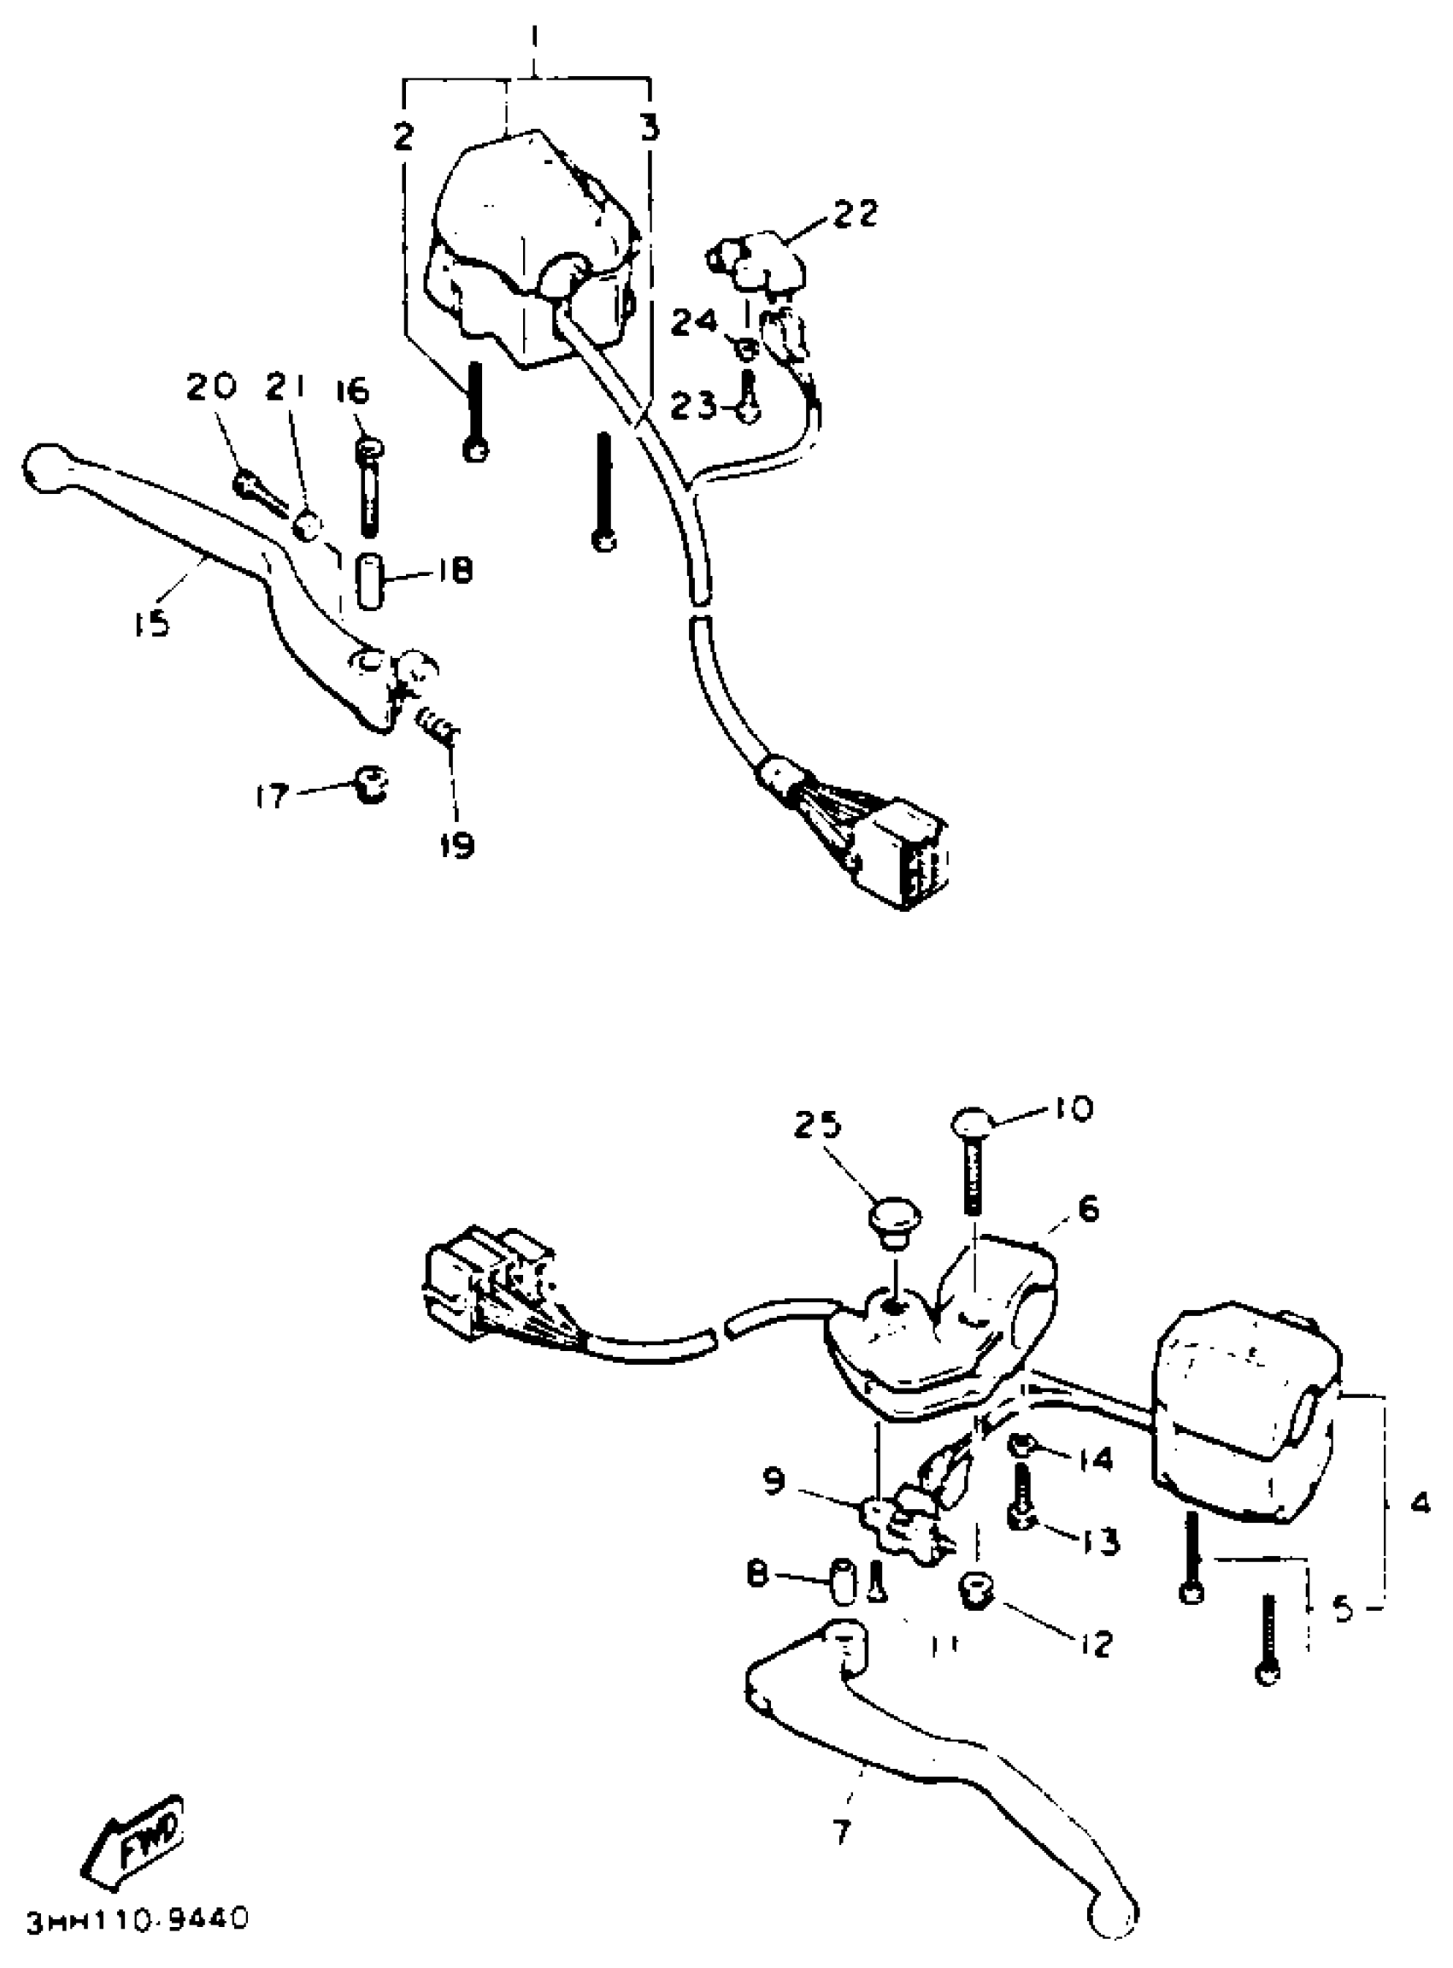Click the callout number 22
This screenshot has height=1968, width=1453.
coord(852,213)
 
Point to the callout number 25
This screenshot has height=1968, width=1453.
coord(818,1125)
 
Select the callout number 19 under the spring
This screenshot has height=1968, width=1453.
coord(456,845)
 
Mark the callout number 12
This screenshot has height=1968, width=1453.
coord(1093,1642)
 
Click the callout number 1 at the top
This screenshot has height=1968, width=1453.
coord(536,39)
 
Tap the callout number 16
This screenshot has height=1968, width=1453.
coord(353,392)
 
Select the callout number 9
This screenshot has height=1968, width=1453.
coord(773,1483)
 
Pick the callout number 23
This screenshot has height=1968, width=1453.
coord(693,406)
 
